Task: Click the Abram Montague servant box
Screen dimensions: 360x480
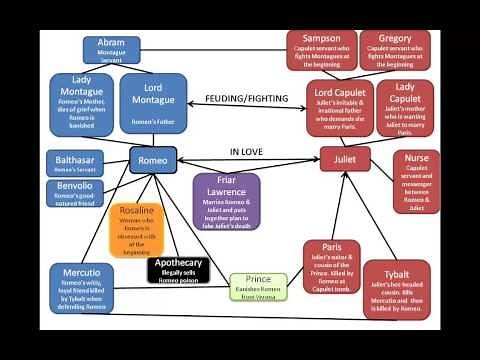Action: (x=111, y=50)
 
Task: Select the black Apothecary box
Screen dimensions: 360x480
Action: (x=178, y=269)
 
